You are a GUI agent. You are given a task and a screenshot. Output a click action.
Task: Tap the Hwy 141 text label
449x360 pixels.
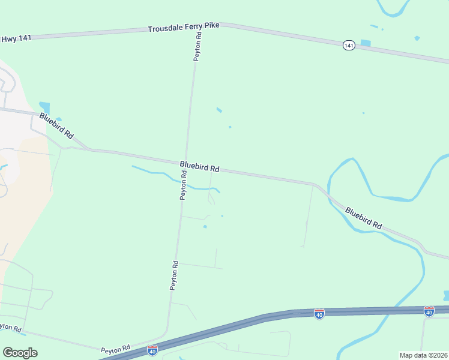point(16,38)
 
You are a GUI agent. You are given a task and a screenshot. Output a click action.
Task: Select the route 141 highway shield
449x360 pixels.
point(349,45)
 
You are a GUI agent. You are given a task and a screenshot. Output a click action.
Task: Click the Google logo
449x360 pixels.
point(20,353)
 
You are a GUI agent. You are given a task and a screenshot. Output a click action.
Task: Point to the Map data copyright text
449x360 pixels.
point(424,355)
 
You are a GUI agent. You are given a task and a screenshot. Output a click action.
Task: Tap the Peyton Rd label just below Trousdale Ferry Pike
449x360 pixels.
point(197,46)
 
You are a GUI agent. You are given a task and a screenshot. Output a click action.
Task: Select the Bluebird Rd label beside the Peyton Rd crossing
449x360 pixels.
point(199,166)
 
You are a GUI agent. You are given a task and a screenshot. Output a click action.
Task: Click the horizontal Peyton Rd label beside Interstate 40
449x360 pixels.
point(116,348)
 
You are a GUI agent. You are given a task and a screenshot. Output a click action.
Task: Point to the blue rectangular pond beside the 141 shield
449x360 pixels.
point(365,43)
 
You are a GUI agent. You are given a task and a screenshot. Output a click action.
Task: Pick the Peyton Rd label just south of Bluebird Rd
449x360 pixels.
point(184,186)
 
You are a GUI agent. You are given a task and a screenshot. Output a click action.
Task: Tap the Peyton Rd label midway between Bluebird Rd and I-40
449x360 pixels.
point(174,275)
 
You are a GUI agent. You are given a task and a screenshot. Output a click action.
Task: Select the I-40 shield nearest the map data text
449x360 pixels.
point(429,311)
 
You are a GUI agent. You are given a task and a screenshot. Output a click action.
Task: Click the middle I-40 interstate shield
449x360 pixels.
point(319,313)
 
